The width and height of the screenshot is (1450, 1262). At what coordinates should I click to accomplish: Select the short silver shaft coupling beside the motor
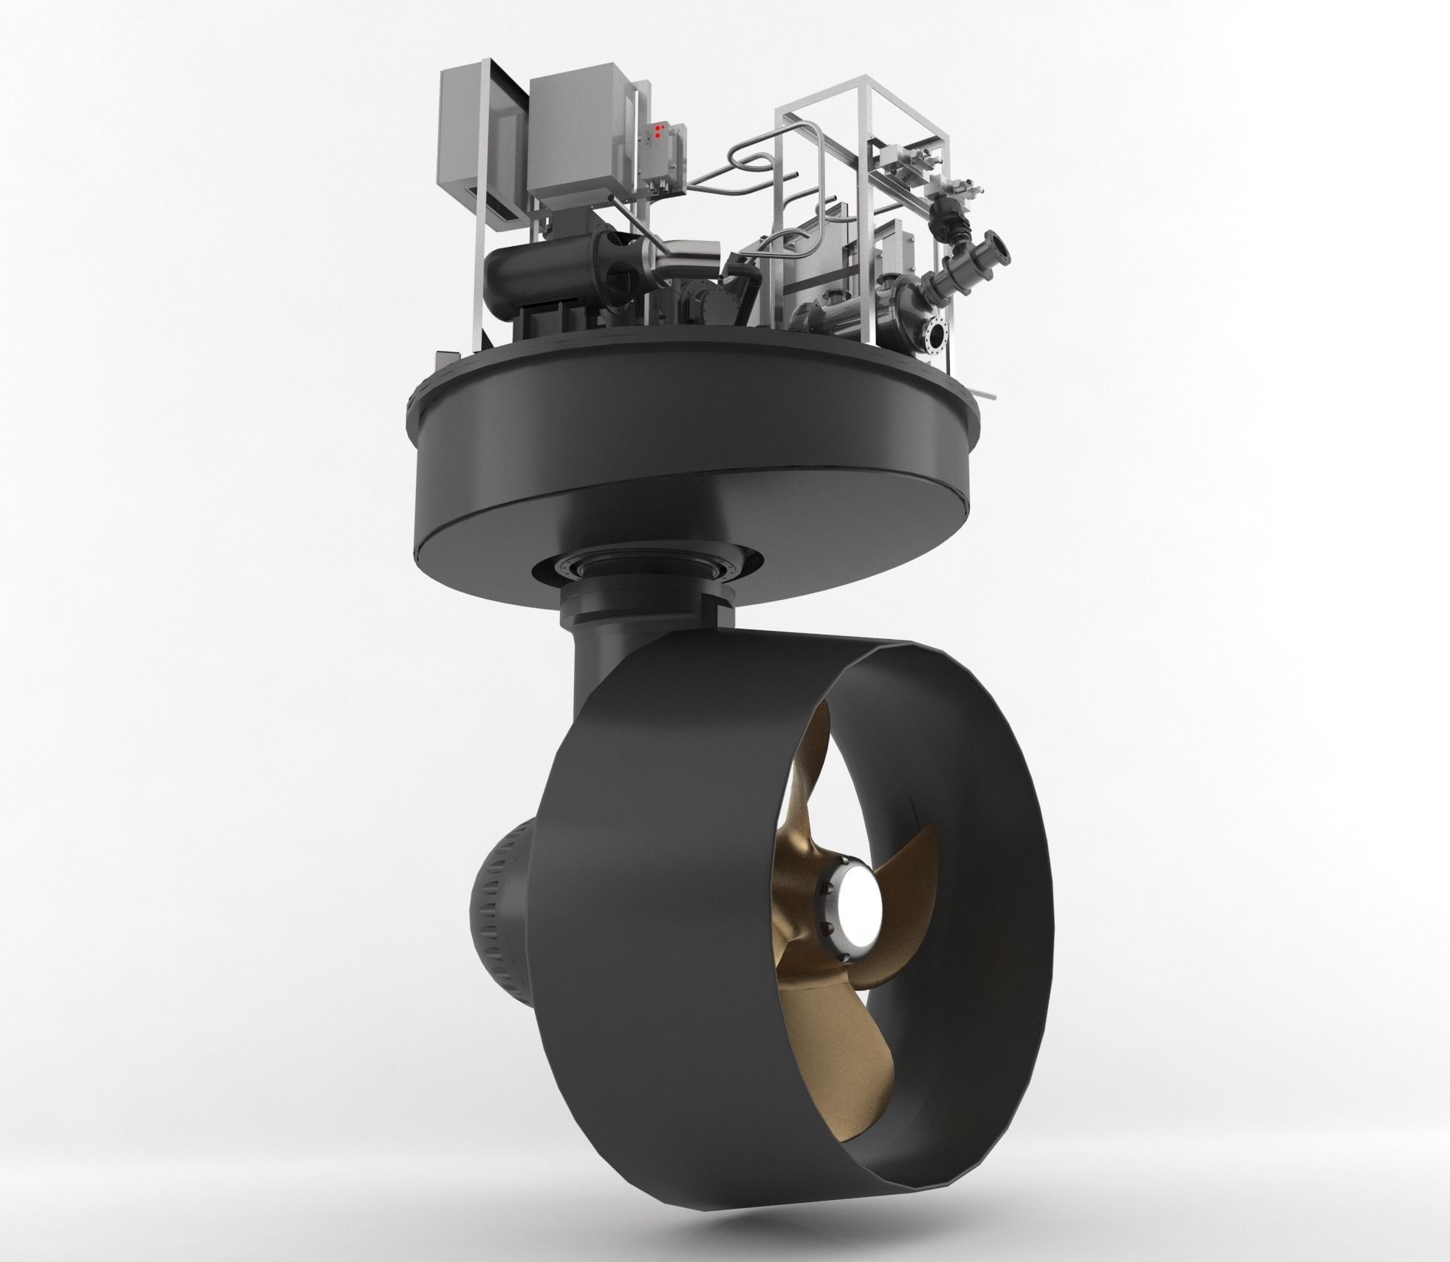click(684, 262)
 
